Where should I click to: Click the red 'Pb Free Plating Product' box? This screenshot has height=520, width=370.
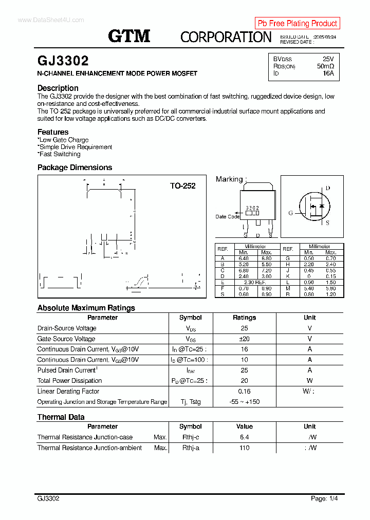click(x=297, y=23)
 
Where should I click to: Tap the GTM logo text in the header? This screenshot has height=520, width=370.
click(x=129, y=36)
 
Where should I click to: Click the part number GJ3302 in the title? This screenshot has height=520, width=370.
click(x=63, y=61)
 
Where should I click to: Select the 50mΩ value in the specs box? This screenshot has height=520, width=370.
click(x=325, y=66)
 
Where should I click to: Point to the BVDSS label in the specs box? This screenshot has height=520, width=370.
click(x=282, y=59)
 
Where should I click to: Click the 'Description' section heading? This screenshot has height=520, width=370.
click(x=58, y=88)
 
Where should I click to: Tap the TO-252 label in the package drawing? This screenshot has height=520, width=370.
click(x=182, y=186)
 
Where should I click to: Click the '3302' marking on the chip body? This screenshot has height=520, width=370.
click(x=252, y=208)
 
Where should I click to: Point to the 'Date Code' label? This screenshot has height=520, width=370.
click(x=228, y=217)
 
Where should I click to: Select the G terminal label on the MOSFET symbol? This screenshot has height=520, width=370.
click(x=290, y=213)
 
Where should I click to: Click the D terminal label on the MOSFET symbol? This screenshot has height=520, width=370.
click(x=327, y=188)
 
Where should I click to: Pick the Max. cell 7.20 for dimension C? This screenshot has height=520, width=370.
click(x=266, y=270)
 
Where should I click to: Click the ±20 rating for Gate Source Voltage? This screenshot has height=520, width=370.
click(x=244, y=339)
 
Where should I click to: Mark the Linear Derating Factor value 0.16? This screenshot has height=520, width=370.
click(x=244, y=392)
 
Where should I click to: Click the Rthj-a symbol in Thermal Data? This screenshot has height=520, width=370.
click(x=191, y=448)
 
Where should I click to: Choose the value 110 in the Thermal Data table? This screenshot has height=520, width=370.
click(x=244, y=448)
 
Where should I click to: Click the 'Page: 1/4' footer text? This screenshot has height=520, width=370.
click(x=324, y=498)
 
